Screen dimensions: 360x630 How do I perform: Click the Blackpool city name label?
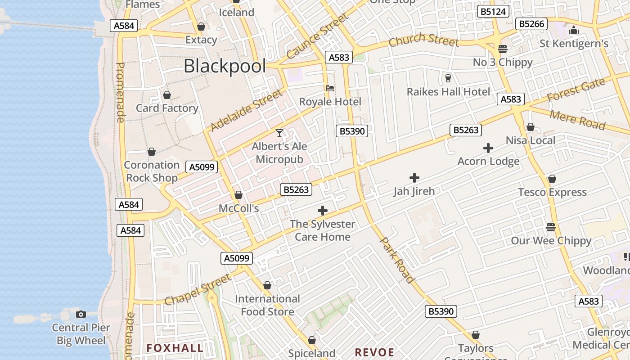click(225, 67)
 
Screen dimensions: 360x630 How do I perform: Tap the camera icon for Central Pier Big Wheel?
click(81, 314)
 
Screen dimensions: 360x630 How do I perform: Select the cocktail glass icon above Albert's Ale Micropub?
click(279, 133)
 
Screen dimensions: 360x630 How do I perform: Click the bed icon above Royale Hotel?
click(330, 88)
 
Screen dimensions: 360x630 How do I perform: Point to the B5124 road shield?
click(493, 11)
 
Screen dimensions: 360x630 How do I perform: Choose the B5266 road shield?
click(531, 24)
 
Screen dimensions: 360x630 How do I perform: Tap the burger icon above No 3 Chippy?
click(503, 49)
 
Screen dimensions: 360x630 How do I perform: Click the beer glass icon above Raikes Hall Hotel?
click(448, 78)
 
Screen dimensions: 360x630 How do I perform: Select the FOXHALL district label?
click(175, 348)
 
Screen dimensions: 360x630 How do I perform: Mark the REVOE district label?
click(374, 352)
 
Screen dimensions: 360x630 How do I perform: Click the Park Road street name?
click(397, 260)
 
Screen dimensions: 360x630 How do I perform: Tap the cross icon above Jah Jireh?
click(414, 178)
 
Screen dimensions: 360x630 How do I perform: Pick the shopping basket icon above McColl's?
click(238, 195)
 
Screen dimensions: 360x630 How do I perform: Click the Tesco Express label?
click(552, 192)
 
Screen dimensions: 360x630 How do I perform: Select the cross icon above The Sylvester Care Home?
click(322, 210)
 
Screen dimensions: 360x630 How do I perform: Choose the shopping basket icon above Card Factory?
click(167, 95)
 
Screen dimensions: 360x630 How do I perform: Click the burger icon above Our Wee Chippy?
click(551, 227)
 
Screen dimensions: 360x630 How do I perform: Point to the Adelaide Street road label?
click(247, 111)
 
